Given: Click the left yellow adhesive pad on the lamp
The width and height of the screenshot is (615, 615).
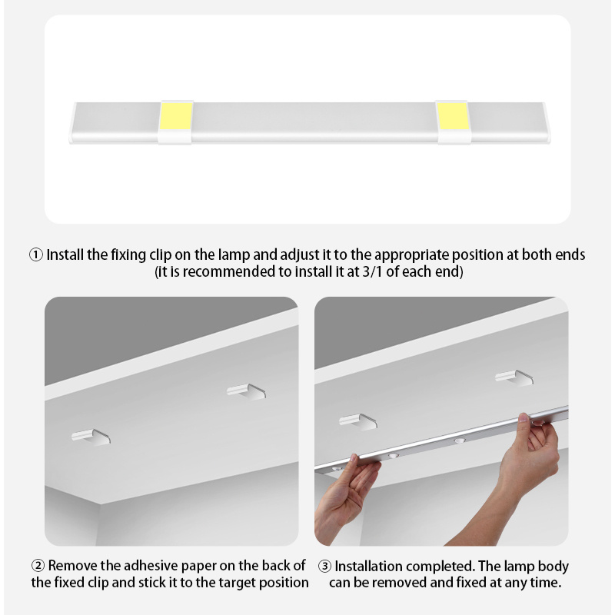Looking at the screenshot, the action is [x=176, y=116].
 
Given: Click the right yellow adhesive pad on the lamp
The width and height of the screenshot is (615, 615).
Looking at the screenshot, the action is [x=452, y=116].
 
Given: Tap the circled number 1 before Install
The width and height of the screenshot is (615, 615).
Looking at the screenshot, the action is [x=36, y=255].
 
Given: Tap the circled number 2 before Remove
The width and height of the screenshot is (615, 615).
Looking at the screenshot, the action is [x=38, y=566].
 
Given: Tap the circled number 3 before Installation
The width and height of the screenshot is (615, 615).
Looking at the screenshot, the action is [x=324, y=567].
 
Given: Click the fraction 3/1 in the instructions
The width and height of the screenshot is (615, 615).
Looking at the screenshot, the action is [x=372, y=272].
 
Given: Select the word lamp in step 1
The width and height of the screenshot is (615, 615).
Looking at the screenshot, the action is [x=234, y=255].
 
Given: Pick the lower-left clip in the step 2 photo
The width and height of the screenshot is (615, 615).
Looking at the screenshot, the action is [x=91, y=437].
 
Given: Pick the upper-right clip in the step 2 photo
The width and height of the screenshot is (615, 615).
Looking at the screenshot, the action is [x=246, y=392].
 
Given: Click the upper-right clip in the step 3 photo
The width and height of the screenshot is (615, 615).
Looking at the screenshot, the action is [x=514, y=378].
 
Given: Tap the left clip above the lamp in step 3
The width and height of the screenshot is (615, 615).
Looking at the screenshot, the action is [x=358, y=421].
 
